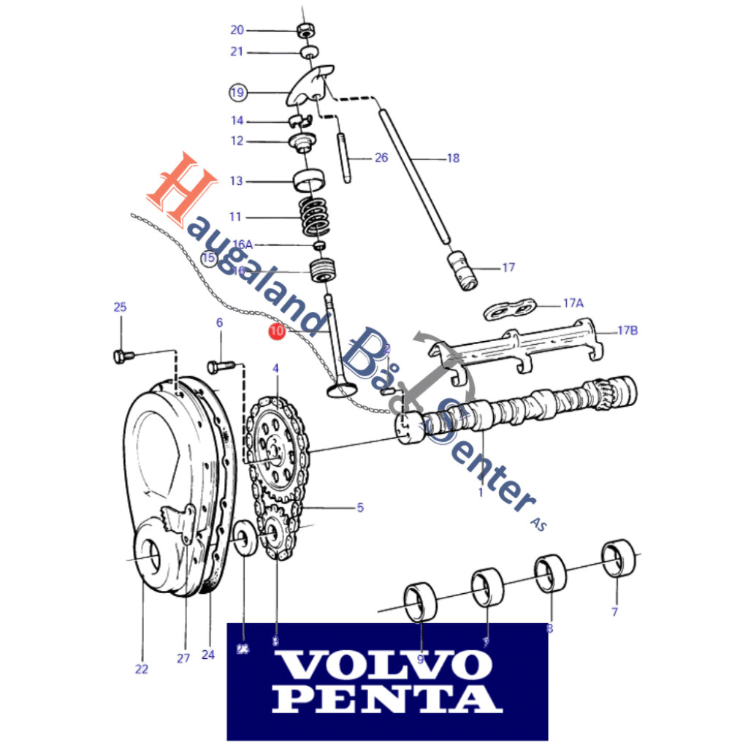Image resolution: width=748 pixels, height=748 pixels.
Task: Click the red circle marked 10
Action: [276, 332]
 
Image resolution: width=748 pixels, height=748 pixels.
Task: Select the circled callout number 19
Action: [237, 93]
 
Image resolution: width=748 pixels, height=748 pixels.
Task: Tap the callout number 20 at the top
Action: [237, 30]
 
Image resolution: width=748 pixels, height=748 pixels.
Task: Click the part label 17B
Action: [627, 330]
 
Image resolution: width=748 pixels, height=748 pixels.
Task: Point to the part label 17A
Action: [573, 302]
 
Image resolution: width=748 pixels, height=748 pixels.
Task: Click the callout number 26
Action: [381, 158]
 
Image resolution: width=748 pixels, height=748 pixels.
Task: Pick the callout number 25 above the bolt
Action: [120, 307]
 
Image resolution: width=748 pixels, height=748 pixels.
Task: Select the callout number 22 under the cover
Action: [141, 668]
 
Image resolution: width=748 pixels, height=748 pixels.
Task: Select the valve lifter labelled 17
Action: [462, 270]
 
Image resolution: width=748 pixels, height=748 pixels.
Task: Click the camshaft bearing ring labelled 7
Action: [618, 560]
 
